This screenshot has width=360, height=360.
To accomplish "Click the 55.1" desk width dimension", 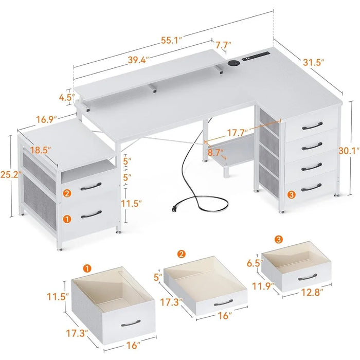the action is (171, 40).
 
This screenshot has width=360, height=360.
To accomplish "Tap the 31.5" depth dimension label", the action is (314, 62).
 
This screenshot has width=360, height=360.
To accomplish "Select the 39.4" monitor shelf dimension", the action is (138, 60).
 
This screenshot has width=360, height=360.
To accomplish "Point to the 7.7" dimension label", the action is (223, 45).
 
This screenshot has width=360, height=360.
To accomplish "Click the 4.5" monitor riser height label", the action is (67, 97).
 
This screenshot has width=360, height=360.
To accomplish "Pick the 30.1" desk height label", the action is (349, 151).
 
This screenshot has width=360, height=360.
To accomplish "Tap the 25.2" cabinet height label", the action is (10, 174).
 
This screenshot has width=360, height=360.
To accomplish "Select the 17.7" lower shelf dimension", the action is (238, 132).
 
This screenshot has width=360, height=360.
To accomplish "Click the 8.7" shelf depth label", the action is (215, 152).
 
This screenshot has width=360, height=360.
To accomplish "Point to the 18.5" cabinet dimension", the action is (41, 150).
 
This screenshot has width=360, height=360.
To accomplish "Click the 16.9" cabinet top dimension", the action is (46, 119).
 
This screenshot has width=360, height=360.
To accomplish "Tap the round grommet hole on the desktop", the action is (233, 63).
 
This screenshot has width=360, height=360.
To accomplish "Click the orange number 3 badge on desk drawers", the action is (291, 195).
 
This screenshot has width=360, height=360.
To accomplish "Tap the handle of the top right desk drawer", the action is (312, 127).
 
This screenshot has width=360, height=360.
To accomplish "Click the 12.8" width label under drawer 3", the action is (312, 293).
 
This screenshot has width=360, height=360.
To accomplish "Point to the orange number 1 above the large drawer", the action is (87, 268).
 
